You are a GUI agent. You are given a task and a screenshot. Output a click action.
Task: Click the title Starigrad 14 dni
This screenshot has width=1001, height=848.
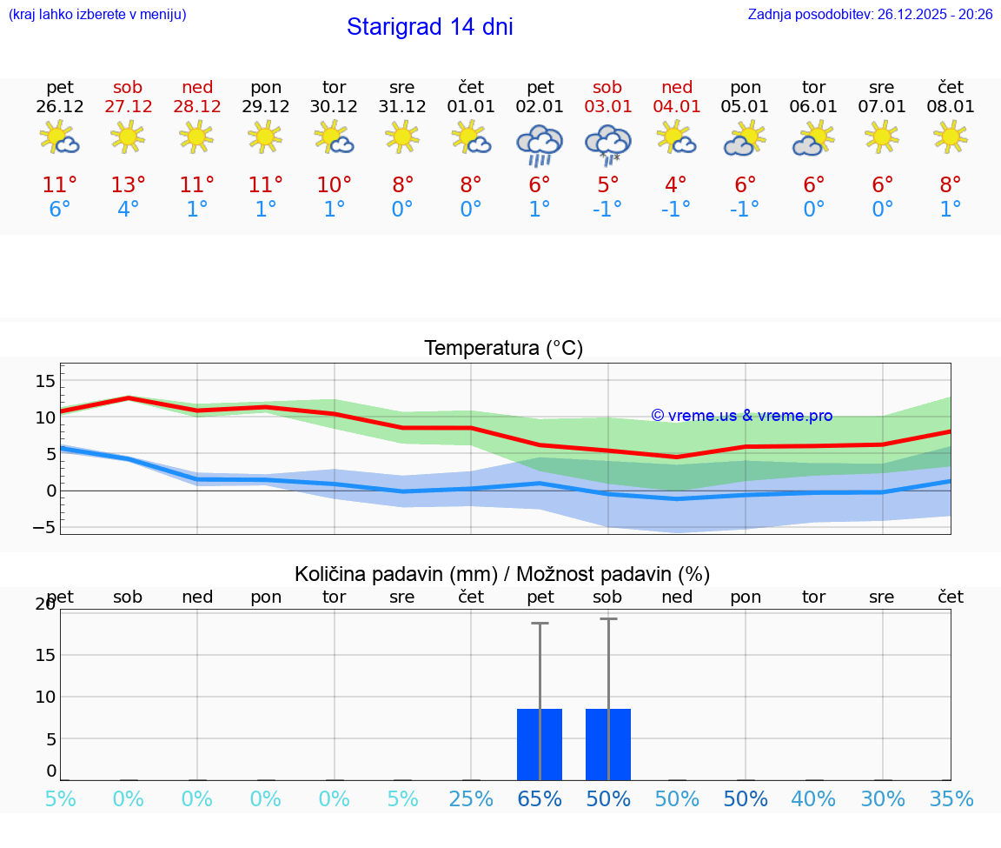429,27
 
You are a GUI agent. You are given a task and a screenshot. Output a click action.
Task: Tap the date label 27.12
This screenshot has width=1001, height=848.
128,106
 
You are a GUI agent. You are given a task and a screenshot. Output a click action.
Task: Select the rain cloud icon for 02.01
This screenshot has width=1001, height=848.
540,144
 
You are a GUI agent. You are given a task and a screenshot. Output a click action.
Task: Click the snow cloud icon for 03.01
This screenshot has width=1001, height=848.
607,144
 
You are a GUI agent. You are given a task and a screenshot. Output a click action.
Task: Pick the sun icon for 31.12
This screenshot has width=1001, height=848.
402,137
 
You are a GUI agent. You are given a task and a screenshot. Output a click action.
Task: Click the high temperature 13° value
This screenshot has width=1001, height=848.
128,185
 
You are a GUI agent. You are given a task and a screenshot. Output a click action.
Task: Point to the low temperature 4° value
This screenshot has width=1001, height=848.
128,210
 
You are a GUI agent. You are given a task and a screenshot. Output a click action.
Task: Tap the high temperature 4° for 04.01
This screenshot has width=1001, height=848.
676,185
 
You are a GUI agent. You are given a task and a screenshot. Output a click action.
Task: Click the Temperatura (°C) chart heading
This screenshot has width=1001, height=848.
503,349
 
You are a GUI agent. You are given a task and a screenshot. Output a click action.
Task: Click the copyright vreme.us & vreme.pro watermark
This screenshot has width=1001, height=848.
741,416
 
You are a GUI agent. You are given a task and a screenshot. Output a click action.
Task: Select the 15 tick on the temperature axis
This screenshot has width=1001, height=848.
45,381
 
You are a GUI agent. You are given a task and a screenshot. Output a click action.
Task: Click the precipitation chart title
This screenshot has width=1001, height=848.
502,574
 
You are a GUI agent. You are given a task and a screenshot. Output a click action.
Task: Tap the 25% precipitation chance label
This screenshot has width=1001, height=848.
471,798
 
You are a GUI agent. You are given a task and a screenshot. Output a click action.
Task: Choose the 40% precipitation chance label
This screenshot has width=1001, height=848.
813,798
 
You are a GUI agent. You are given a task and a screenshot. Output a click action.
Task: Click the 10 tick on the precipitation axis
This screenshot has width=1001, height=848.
45,697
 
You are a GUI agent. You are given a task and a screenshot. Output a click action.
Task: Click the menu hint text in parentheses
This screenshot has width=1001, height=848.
96,14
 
